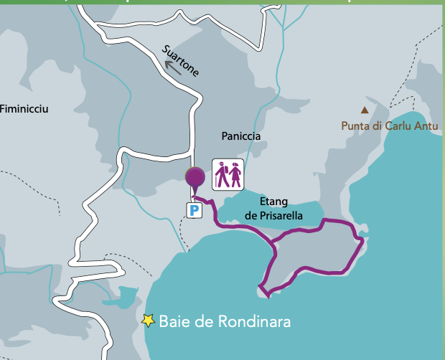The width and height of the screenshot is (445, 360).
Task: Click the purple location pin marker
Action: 195,176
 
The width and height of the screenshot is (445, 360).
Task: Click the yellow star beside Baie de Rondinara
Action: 149,321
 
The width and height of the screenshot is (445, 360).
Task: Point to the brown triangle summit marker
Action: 365,110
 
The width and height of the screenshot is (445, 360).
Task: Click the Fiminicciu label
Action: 24,109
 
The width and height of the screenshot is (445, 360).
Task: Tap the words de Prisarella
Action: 273,215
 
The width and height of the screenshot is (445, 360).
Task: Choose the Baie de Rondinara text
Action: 225,322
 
